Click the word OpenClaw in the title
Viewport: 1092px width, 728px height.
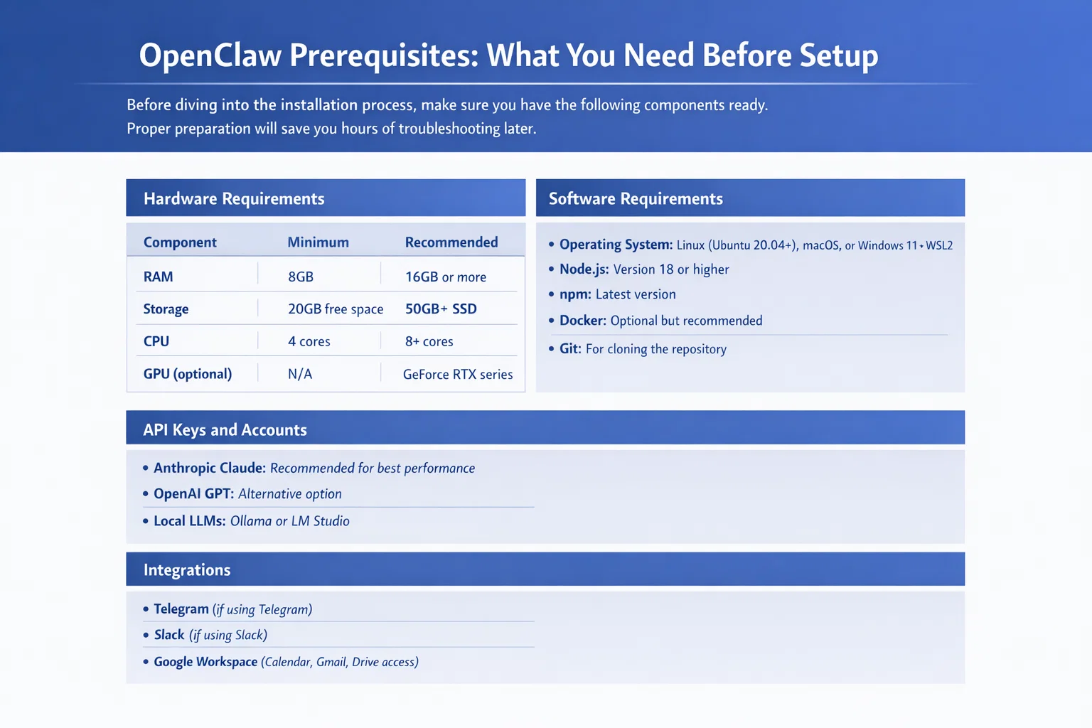210,55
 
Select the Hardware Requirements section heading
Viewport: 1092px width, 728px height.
234,198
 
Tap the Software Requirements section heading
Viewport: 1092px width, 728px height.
636,198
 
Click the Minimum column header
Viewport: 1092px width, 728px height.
318,242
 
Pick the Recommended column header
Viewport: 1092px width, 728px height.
451,242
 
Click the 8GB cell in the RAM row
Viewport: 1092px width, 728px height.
301,277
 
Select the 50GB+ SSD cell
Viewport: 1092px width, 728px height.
441,309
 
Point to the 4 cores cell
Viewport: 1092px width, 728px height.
309,341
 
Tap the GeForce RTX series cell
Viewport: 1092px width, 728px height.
458,374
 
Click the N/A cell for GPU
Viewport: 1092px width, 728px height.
300,374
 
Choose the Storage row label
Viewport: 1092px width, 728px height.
166,309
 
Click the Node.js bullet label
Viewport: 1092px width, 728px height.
584,269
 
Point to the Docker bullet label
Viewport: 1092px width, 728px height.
583,321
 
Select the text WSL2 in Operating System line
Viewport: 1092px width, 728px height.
939,245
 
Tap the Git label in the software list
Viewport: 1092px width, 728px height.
570,348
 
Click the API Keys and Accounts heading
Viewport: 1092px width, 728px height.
225,429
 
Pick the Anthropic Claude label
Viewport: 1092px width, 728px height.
210,468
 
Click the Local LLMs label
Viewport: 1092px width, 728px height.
190,521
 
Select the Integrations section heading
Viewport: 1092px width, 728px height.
187,570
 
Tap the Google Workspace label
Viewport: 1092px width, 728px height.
205,662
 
